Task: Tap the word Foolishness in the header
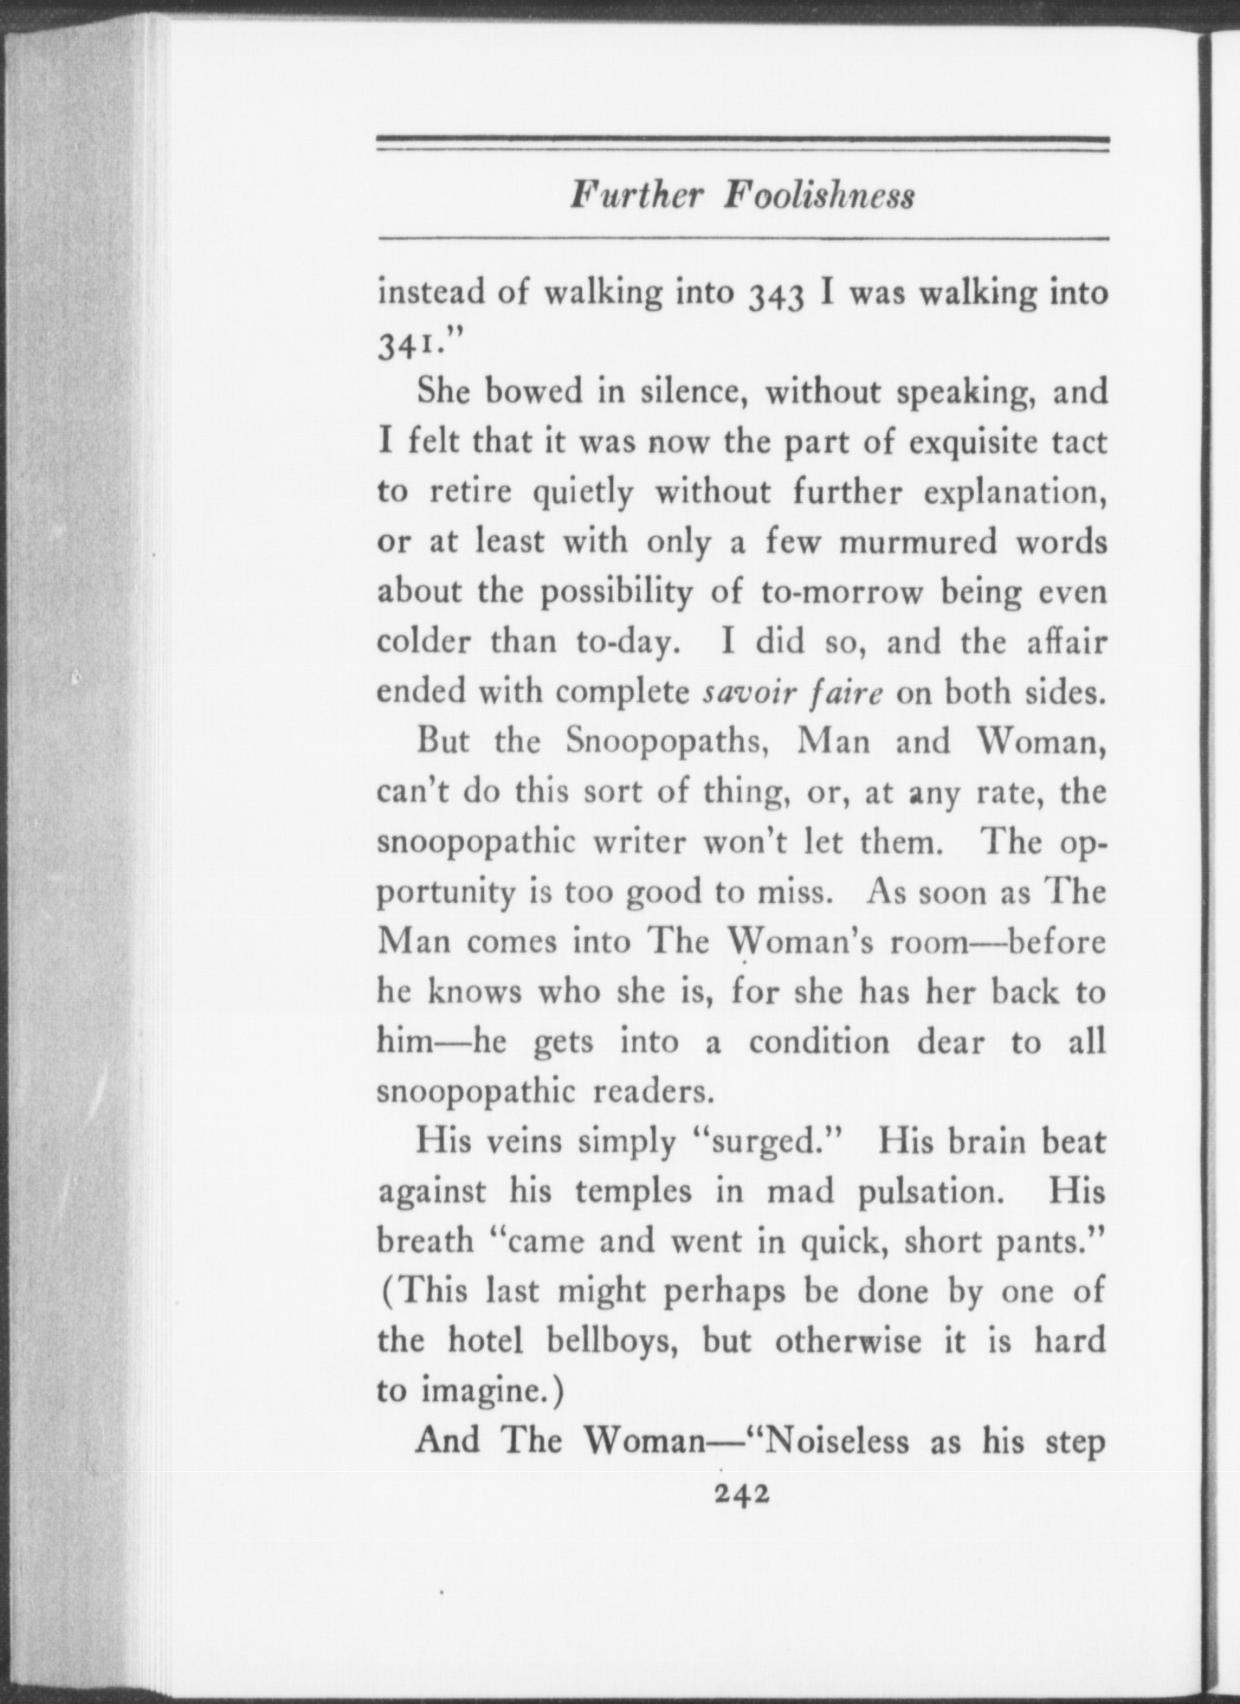pyautogui.click(x=820, y=196)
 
